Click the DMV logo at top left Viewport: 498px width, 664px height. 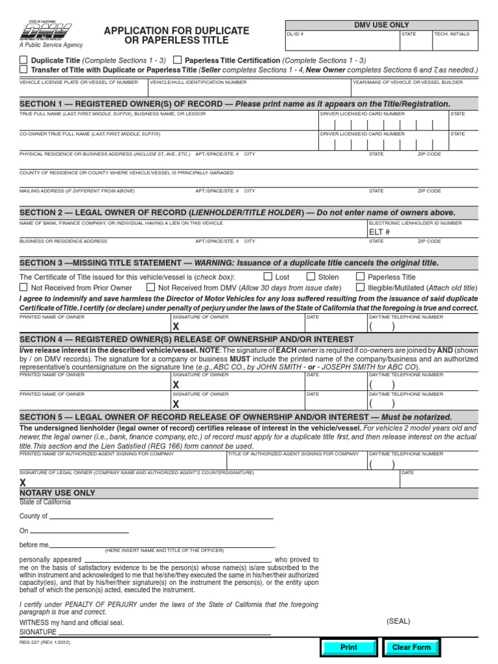click(45, 30)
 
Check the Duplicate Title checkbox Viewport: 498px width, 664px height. click(24, 60)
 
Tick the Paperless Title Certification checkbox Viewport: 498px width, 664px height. click(177, 60)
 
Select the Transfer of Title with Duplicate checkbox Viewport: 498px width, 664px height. click(24, 69)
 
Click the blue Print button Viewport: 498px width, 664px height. click(348, 647)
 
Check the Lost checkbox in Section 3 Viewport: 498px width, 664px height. click(267, 277)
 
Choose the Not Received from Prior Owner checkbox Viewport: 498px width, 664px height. click(24, 287)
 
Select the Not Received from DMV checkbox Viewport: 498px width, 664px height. click(150, 287)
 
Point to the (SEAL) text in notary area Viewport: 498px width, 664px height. click(398, 621)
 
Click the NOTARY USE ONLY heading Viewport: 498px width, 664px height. click(57, 493)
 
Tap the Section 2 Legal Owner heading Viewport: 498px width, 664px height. click(237, 213)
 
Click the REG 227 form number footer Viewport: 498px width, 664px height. click(44, 643)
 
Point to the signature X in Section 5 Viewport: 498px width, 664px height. click(23, 482)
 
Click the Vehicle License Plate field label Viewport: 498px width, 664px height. click(78, 82)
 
